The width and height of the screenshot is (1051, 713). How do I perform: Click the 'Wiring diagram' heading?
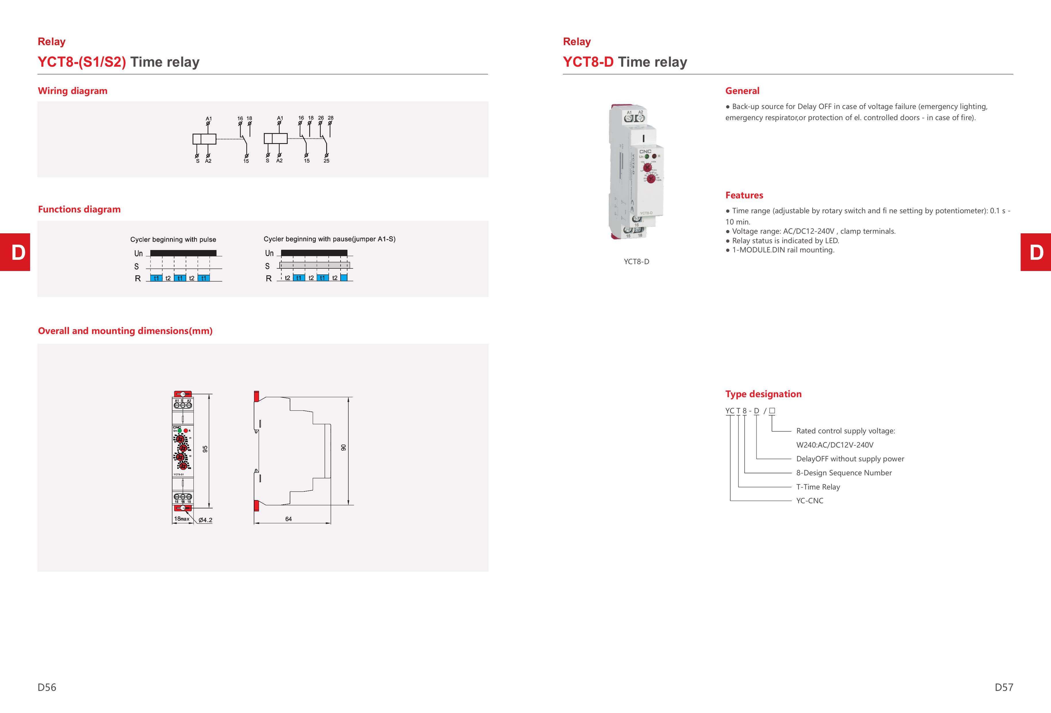coord(72,91)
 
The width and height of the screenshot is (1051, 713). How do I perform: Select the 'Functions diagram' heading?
coord(79,209)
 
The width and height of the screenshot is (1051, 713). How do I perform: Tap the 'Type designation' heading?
coord(763,394)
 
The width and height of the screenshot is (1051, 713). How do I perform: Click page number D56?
coord(47,687)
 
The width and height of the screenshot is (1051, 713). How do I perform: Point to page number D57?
coord(1004,687)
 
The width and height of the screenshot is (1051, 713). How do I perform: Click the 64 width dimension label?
coord(289,519)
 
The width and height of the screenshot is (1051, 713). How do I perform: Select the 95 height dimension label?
coord(205,449)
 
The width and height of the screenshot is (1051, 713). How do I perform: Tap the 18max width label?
coord(182,519)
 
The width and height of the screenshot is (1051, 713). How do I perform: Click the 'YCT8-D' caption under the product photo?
coord(636,262)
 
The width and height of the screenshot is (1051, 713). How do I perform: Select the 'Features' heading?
coord(744,195)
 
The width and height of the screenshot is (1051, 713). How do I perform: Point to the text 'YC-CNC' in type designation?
coord(810,501)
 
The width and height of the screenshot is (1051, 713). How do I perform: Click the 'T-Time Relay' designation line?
coord(818,487)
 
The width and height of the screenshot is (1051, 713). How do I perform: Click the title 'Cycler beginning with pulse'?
coord(173,240)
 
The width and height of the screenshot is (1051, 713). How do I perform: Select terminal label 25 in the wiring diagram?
coord(326,161)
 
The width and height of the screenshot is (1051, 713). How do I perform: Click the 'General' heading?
coord(742,91)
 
